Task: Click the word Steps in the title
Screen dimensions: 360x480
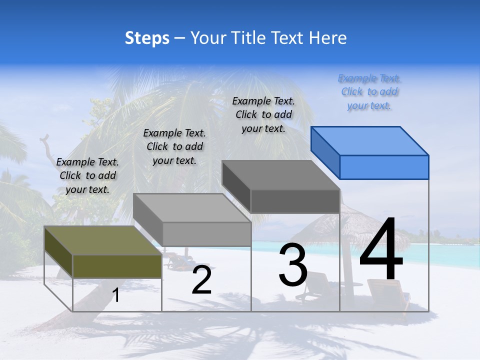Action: (147, 38)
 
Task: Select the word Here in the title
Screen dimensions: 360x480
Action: (327, 38)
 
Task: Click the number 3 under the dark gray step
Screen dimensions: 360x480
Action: (293, 264)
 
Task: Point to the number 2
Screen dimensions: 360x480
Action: (201, 280)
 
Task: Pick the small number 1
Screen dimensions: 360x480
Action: (116, 295)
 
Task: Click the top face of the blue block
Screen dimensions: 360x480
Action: (370, 140)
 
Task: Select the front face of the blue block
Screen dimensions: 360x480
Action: (384, 167)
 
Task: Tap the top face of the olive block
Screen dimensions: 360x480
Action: (103, 240)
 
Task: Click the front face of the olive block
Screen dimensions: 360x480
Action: (117, 266)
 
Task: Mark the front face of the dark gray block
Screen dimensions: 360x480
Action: (295, 201)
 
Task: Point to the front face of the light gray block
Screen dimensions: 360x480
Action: (206, 234)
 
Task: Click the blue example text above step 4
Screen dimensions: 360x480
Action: (369, 92)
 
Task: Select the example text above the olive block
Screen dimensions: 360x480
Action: (87, 175)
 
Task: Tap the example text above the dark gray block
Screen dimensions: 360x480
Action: (263, 114)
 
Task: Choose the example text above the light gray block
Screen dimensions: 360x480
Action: (174, 146)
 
